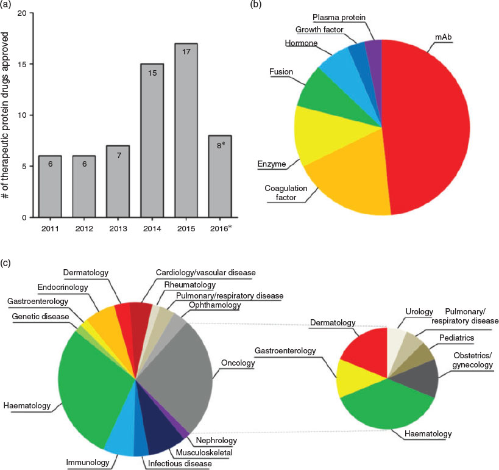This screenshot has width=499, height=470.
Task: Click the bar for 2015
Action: click(186, 131)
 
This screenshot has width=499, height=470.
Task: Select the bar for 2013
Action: click(118, 181)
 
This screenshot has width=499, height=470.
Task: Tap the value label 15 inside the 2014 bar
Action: click(152, 73)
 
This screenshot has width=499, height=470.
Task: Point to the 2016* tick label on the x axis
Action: click(221, 228)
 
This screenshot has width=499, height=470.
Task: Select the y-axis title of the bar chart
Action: click(5, 115)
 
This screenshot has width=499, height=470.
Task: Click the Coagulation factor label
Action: click(286, 193)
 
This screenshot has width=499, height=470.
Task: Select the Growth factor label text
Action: click(319, 30)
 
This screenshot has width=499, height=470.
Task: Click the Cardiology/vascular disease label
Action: click(205, 273)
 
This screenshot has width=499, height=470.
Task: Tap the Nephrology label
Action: click(216, 440)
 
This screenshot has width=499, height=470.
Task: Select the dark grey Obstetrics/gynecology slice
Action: click(420, 378)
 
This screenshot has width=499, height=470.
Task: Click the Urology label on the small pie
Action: click(419, 311)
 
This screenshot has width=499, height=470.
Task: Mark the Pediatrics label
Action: click(457, 338)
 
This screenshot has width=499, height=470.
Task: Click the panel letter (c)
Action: click(5, 263)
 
